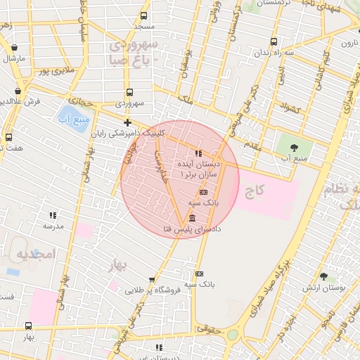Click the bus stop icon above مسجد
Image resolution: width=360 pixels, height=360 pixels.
pos(144,15)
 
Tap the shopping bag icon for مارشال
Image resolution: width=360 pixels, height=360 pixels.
pos(15,48)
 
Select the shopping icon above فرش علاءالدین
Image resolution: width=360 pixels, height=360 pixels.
pos(18,91)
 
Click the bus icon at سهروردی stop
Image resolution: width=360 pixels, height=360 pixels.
pos(129,92)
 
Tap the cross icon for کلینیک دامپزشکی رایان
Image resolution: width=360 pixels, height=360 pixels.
pos(127,123)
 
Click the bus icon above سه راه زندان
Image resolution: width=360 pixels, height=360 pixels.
pos(274,41)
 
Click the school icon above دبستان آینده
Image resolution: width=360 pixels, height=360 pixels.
pos(199,153)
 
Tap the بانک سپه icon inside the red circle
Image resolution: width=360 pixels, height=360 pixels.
pos(203,192)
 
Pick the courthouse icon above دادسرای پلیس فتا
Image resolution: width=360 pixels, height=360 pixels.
pos(193,219)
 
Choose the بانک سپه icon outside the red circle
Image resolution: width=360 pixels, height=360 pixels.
pos(199,274)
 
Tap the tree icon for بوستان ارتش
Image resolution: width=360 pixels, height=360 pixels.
pos(323,277)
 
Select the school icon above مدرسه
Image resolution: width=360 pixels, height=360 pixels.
pos(52,215)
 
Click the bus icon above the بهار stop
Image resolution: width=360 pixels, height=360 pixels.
pos(28,326)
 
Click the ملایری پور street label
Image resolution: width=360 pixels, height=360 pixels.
pos(55,71)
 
